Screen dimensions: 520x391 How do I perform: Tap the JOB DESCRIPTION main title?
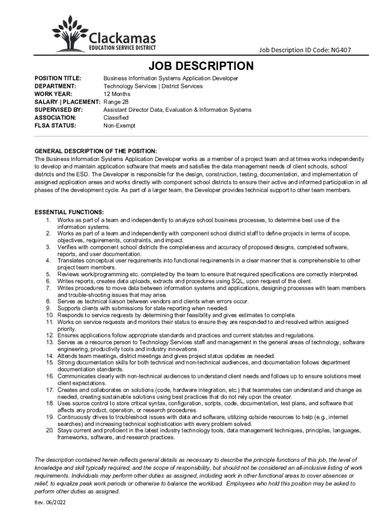(201, 66)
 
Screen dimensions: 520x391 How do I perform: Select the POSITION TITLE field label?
(57, 78)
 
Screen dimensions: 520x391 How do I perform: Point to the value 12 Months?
(117, 94)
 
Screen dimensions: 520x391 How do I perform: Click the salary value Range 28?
(116, 102)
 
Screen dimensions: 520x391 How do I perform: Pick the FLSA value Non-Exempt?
(119, 125)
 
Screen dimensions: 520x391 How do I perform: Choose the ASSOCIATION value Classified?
(116, 117)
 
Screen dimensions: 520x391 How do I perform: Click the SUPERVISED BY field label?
(58, 110)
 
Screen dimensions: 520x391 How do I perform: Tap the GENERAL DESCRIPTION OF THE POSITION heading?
(95, 151)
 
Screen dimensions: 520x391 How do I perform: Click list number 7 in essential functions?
(49, 288)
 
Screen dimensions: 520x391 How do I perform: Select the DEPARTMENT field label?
(55, 86)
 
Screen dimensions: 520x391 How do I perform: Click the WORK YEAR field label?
(53, 94)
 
